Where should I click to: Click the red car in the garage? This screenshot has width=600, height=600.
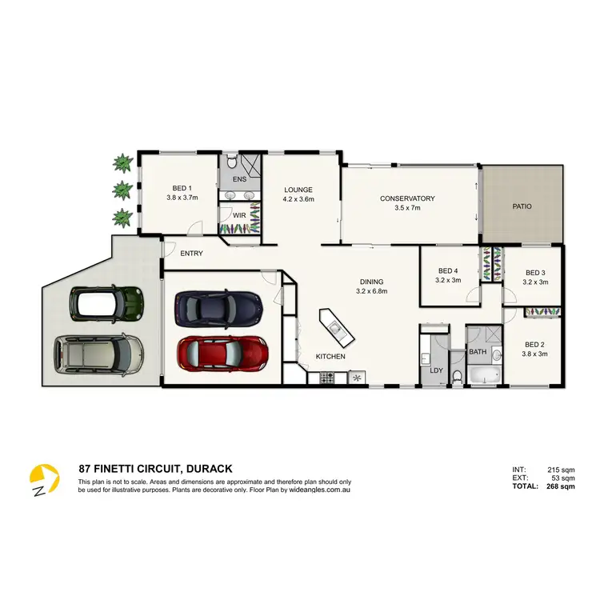pyautogui.click(x=223, y=351)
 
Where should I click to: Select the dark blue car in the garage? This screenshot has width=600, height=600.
pyautogui.click(x=218, y=306)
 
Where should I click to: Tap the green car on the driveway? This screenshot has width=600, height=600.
pyautogui.click(x=104, y=303)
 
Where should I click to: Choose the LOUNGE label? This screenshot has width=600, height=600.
pyautogui.click(x=298, y=190)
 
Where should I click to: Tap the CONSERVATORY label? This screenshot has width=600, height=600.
pyautogui.click(x=407, y=198)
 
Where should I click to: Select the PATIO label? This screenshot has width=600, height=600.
pyautogui.click(x=522, y=206)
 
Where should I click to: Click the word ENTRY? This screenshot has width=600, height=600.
pyautogui.click(x=191, y=254)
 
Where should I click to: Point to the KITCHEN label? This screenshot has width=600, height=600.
pyautogui.click(x=330, y=356)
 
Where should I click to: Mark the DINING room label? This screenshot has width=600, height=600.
pyautogui.click(x=372, y=282)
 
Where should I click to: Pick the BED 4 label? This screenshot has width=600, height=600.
pyautogui.click(x=449, y=271)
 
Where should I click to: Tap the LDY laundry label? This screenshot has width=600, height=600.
pyautogui.click(x=436, y=370)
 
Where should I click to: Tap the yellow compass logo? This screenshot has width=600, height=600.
pyautogui.click(x=45, y=480)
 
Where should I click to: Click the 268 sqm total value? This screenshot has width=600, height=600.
pyautogui.click(x=560, y=486)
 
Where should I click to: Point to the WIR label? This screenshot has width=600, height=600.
pyautogui.click(x=238, y=215)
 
